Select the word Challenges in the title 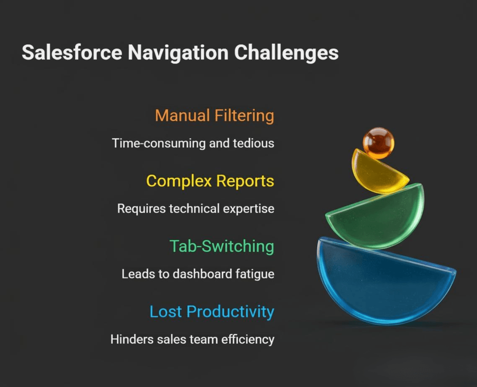point(286,53)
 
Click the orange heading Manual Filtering point(214,115)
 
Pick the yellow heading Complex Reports point(210,181)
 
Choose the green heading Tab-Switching point(222,246)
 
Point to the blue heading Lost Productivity point(211,312)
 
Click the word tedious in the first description point(257,143)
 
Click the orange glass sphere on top point(378,143)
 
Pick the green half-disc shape point(377,219)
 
